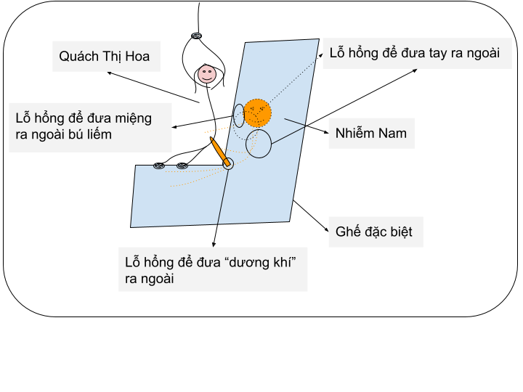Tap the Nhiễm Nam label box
click(x=372, y=134)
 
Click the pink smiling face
click(x=207, y=74)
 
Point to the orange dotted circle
click(x=257, y=113)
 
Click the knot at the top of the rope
click(x=196, y=36)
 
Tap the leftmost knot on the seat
click(x=159, y=166)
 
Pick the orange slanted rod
click(x=220, y=151)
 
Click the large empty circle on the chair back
click(x=259, y=144)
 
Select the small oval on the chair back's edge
click(x=239, y=115)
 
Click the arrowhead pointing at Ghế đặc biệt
click(x=327, y=229)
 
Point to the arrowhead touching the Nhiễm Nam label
click(x=326, y=132)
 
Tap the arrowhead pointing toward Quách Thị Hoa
click(x=109, y=73)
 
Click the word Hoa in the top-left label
click(x=137, y=57)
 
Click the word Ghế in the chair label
click(x=348, y=231)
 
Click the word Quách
click(x=78, y=57)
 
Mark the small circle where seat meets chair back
click(x=228, y=163)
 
